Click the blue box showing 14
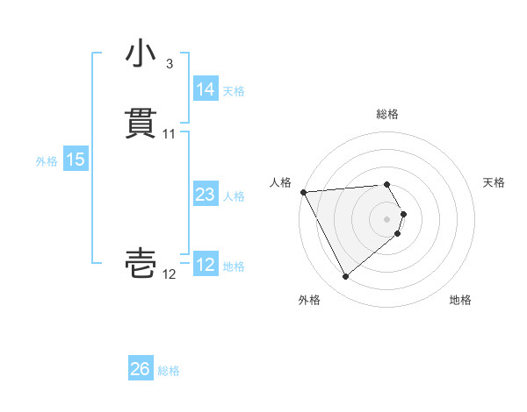coord(205,89)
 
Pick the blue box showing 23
coord(205,195)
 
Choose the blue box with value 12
coord(205,265)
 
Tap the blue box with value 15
coord(76,160)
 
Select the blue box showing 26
coord(141,369)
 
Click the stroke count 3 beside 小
coord(169,64)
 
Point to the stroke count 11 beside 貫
coord(169,134)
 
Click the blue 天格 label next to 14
coord(234,90)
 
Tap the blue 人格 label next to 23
coord(234,195)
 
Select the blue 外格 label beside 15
coord(47,160)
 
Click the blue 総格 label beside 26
coord(170,370)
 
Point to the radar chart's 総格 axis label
coord(386,114)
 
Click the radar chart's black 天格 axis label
coord(495,182)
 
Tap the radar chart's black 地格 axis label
coord(460,300)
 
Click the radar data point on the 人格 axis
coord(303,191)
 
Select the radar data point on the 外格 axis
coord(346,277)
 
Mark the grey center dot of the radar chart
coord(386,218)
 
